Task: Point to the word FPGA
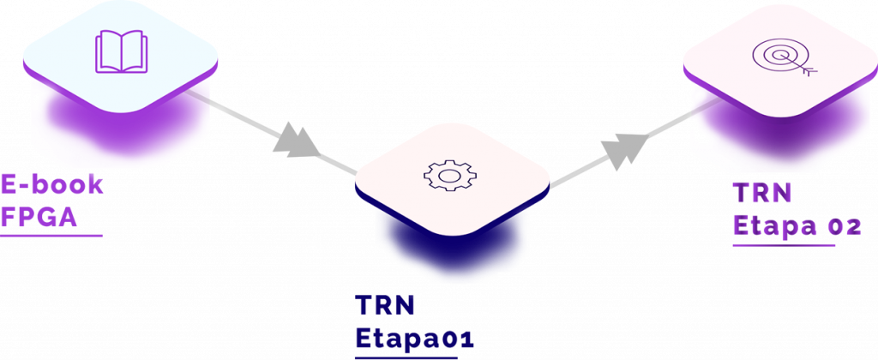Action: pos(39,218)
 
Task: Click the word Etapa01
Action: pos(415,338)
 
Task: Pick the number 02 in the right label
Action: pos(844,225)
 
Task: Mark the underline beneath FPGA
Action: pos(51,234)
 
